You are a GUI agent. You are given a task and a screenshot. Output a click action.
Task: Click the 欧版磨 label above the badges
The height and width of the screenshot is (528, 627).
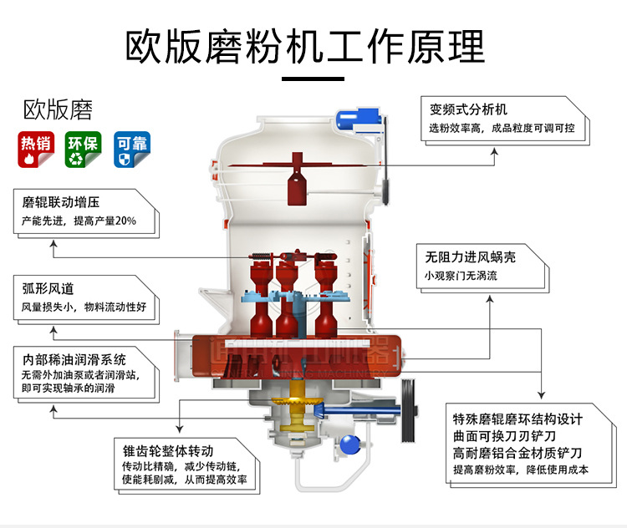[58, 110]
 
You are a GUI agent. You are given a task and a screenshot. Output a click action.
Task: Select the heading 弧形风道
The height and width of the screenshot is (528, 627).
[48, 288]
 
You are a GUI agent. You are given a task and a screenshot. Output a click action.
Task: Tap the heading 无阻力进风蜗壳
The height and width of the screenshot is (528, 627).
[470, 257]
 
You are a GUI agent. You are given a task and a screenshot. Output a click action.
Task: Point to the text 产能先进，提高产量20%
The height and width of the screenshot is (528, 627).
[79, 221]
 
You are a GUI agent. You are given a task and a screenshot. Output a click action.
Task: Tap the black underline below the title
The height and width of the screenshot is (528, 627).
[313, 79]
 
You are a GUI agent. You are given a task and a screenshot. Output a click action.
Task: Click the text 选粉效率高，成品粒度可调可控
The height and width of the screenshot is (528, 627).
[502, 129]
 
